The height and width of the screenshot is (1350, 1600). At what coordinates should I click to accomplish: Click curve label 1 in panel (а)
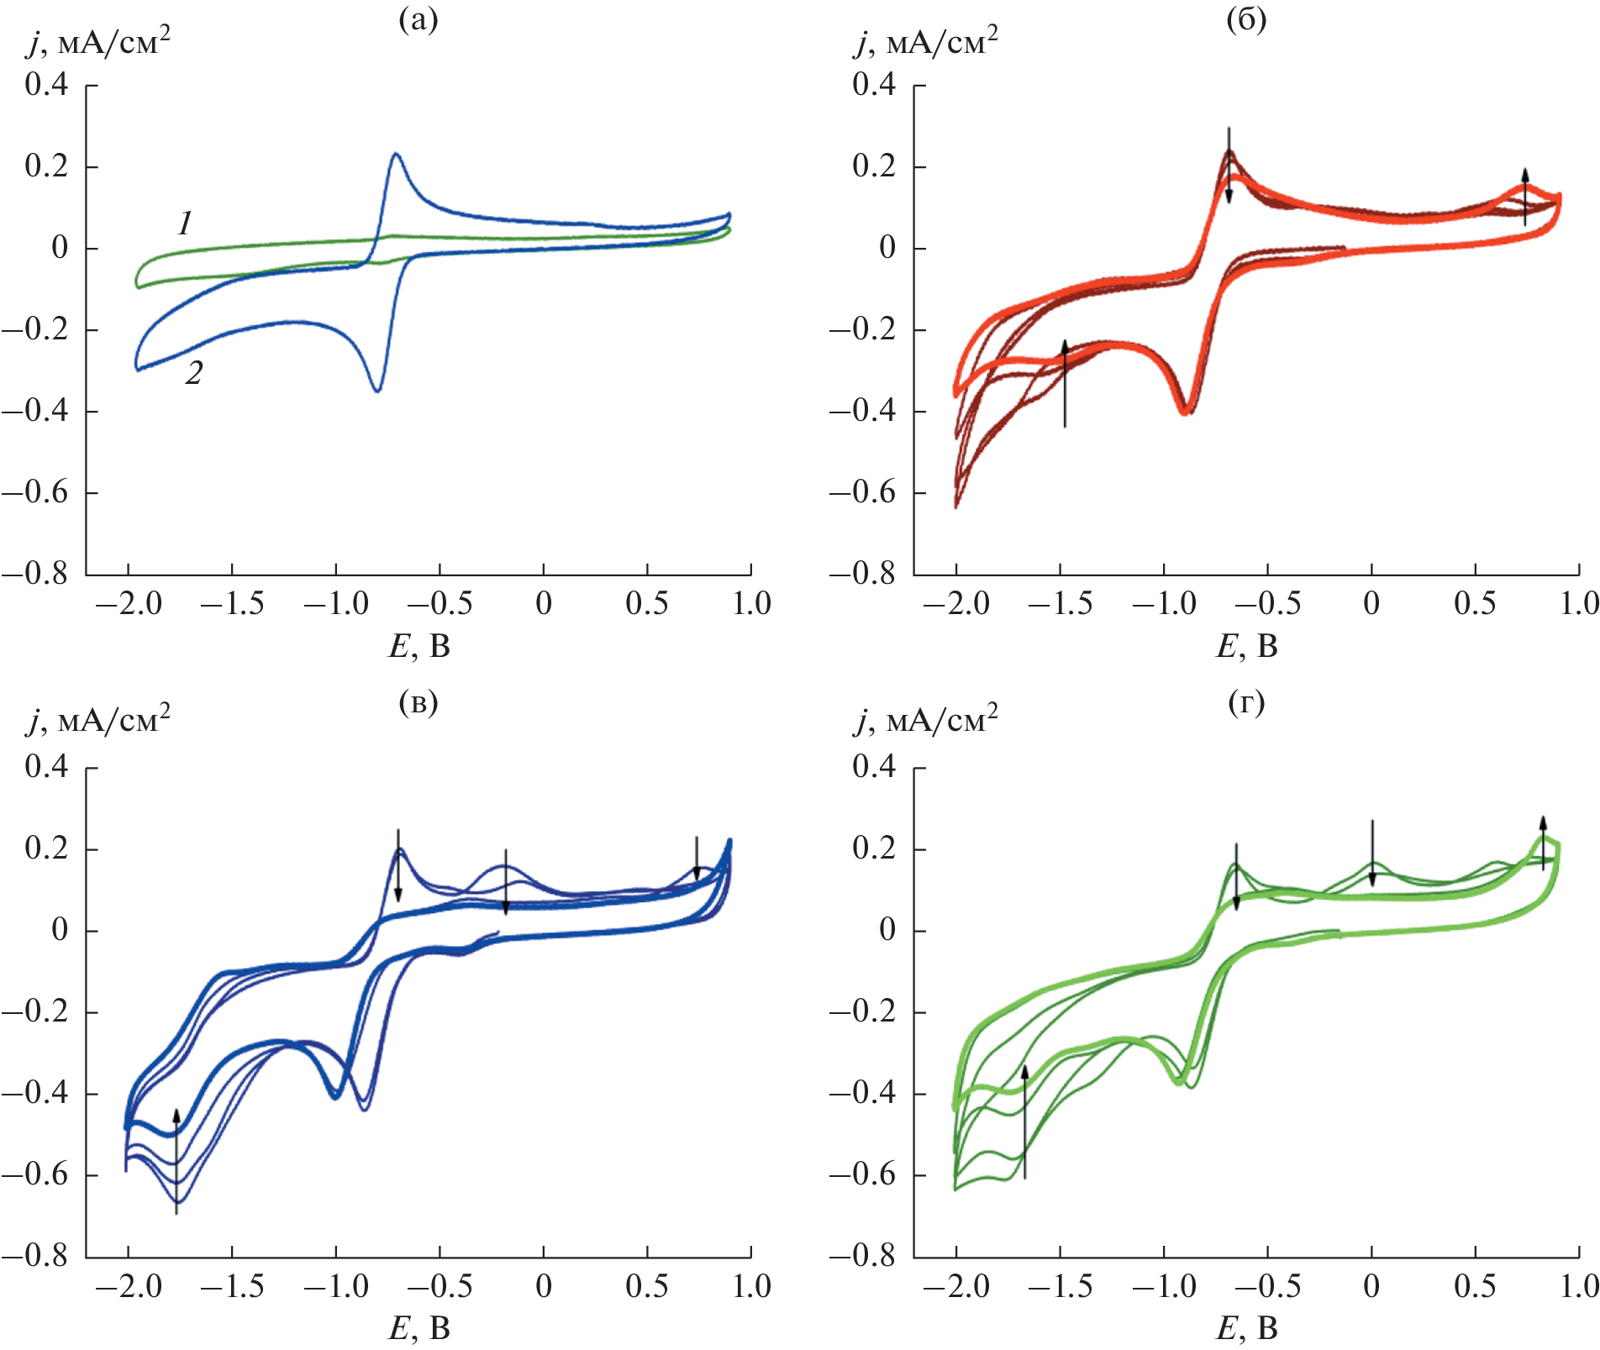185,223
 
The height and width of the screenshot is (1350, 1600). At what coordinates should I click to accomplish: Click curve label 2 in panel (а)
194,373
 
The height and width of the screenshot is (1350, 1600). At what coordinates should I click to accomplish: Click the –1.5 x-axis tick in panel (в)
232,1286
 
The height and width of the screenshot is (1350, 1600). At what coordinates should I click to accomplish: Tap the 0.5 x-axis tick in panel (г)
1475,1286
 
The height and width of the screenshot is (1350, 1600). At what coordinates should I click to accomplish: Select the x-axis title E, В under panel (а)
418,646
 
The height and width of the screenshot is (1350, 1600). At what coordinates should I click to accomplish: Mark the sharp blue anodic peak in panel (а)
395,155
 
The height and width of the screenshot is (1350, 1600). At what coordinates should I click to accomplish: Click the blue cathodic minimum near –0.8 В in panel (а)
377,390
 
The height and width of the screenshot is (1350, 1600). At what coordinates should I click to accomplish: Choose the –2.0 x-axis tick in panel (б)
956,604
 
